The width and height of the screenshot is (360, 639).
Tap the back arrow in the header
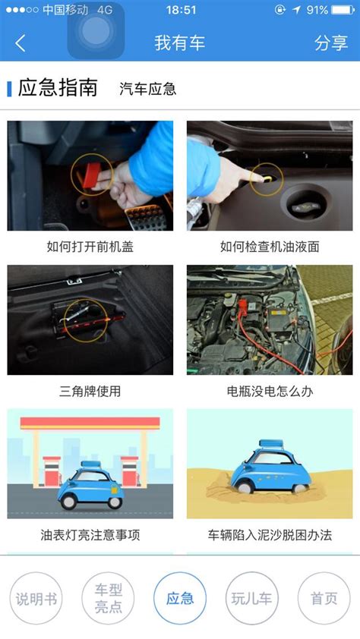[20, 43]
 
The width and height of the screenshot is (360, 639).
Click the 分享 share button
[331, 42]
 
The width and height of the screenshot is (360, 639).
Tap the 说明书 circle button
[36, 598]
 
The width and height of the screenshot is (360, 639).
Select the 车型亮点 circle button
[108, 598]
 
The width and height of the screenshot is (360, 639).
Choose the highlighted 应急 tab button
[180, 598]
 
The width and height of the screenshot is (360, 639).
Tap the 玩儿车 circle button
[251, 598]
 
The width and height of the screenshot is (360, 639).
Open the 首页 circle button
[324, 598]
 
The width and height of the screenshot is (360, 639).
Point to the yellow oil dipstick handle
[267, 178]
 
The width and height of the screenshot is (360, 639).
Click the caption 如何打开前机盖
[90, 247]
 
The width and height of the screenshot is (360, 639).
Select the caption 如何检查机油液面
[270, 247]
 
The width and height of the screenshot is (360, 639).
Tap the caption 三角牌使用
[90, 392]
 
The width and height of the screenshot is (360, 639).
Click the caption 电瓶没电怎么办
[270, 392]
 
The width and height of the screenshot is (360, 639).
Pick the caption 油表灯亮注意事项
[90, 535]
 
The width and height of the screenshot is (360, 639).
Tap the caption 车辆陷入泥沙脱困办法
[270, 535]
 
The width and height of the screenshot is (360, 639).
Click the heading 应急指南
[58, 87]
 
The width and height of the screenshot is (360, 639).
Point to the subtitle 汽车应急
[147, 89]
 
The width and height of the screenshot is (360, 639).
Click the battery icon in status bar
[343, 9]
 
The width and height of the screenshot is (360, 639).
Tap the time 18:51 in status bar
[181, 9]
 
